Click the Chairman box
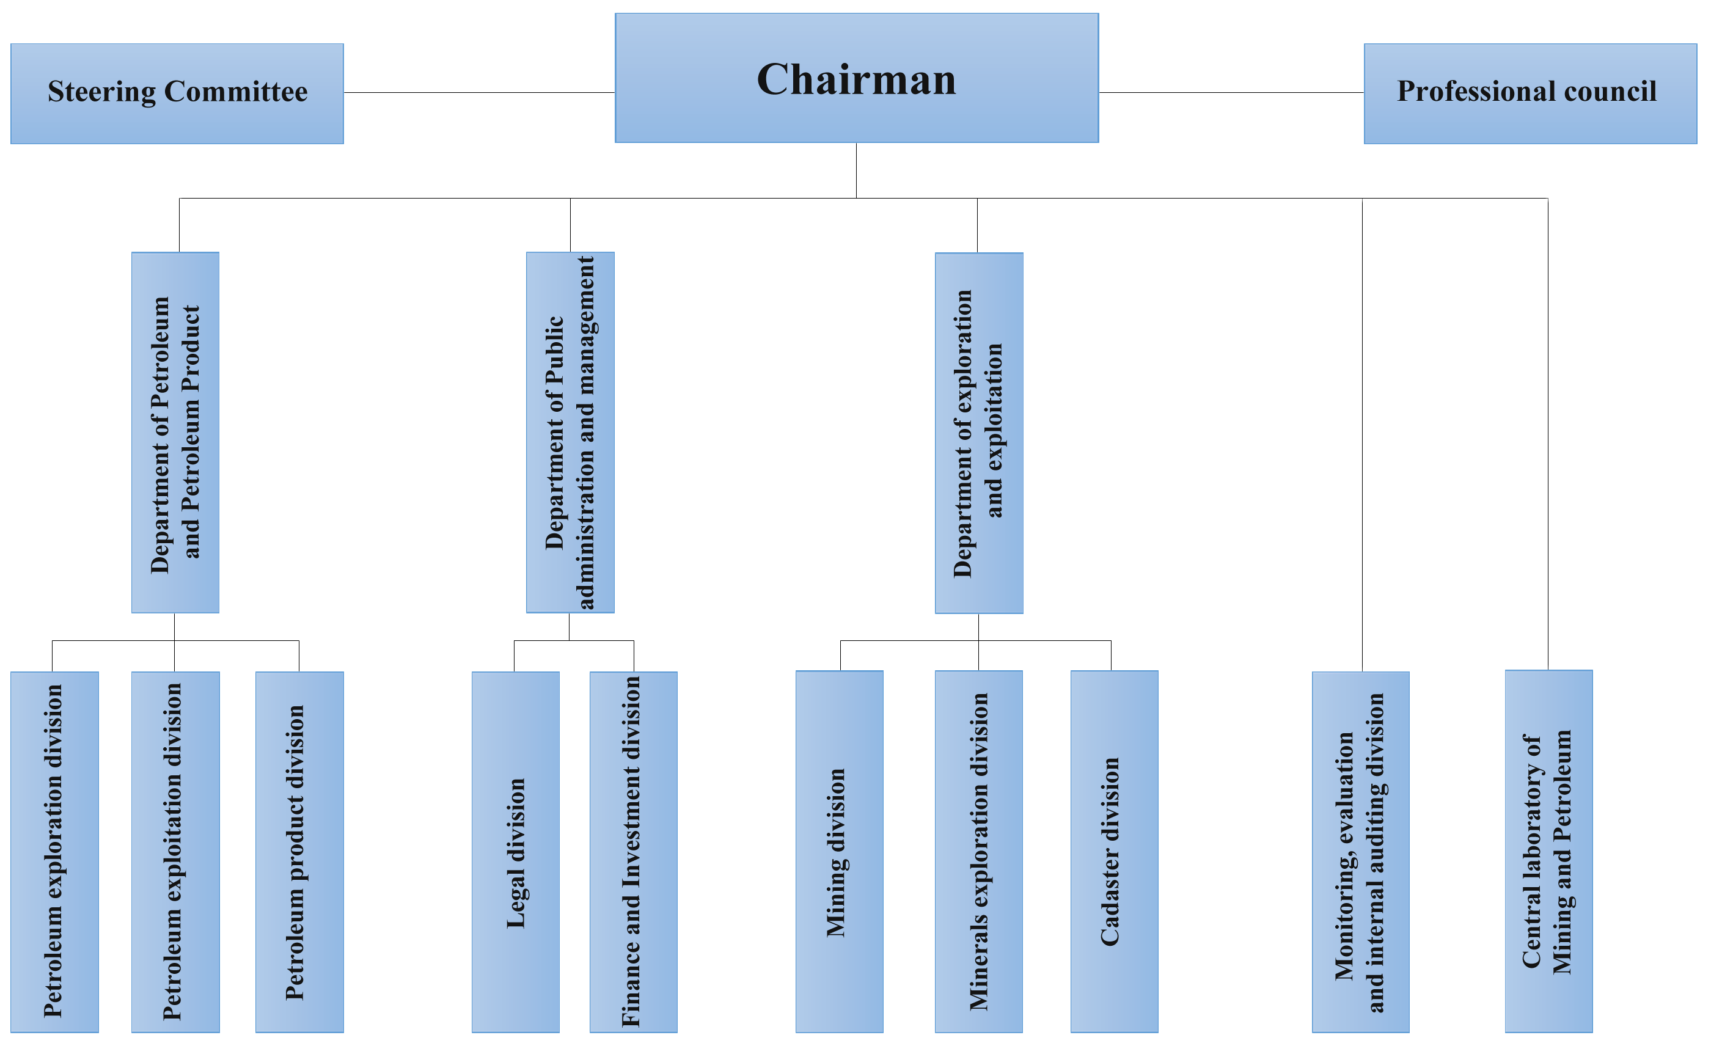[856, 78]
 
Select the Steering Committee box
[177, 93]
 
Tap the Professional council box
[1530, 93]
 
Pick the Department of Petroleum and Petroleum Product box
[175, 432]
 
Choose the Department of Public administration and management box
[570, 432]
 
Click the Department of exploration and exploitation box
[978, 433]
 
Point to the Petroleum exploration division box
[54, 852]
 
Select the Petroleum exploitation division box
[175, 852]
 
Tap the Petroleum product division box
[299, 852]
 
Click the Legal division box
[515, 852]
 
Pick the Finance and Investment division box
[633, 852]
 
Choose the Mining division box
[839, 851]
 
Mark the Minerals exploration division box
[978, 851]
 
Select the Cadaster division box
[1114, 851]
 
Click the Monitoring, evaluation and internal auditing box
[1360, 852]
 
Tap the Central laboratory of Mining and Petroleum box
[1548, 851]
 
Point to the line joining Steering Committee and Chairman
[479, 92]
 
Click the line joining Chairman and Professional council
[1231, 92]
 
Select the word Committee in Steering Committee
[235, 92]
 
